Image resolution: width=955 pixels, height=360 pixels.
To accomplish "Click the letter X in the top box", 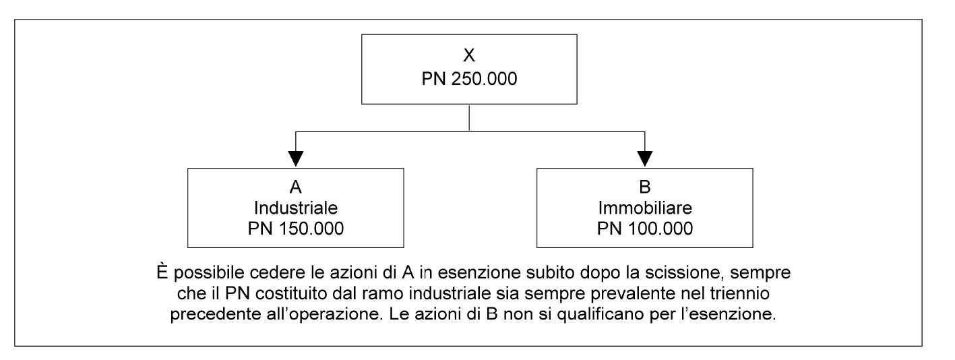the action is [x=469, y=55].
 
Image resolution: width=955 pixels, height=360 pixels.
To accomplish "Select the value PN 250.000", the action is [x=469, y=79].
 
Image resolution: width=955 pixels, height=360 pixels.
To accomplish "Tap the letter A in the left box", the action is [x=295, y=187].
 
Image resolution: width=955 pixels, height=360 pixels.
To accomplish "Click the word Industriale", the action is [x=295, y=208].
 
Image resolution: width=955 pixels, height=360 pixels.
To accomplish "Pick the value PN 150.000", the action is [x=295, y=229].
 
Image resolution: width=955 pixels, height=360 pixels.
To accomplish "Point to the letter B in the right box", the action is [x=644, y=187].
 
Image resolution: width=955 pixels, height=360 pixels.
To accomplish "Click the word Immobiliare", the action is [x=644, y=208].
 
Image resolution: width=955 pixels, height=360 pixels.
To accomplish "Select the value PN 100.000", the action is [x=644, y=229].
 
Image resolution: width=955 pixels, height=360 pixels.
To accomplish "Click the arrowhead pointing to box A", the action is [x=295, y=158].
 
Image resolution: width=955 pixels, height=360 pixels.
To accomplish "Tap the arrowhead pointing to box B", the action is [x=644, y=158].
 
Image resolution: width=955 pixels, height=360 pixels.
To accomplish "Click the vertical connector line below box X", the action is [x=469, y=118].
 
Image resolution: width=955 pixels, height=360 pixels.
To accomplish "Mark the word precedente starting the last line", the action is [x=216, y=314].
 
